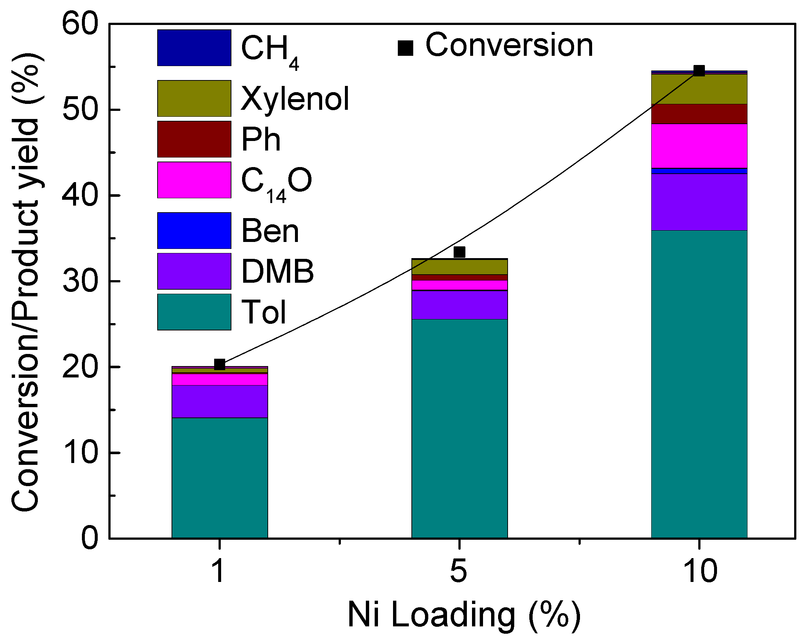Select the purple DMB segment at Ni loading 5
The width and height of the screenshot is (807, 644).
tap(459, 305)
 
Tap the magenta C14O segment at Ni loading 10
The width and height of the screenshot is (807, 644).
tap(699, 146)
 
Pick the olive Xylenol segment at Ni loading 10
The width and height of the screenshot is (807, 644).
tap(699, 89)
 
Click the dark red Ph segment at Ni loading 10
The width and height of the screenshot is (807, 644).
tap(699, 114)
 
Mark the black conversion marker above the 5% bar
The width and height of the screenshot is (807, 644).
tap(459, 252)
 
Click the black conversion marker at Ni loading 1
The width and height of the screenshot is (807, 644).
tap(220, 365)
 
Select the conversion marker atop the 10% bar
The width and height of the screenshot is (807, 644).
tap(699, 71)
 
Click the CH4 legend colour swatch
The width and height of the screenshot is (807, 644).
tap(194, 48)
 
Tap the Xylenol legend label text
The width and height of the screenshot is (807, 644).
tap(295, 99)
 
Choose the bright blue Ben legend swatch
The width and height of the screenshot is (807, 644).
tap(194, 231)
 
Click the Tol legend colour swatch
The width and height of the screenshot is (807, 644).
tap(194, 312)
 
